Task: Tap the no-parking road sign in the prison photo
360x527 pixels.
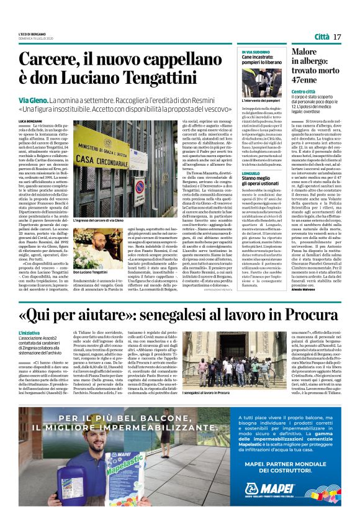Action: pyautogui.click(x=140, y=186)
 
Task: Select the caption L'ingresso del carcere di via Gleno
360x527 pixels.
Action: pyautogui.click(x=101, y=220)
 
